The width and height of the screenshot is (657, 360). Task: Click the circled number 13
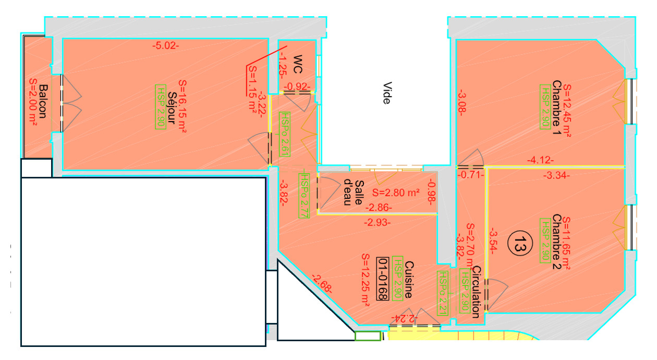click(520, 243)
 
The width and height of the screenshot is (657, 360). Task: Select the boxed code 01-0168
click(383, 279)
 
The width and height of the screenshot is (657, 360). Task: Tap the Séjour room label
click(172, 108)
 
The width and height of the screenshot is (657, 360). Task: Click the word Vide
click(387, 93)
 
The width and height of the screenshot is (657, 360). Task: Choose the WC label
click(298, 64)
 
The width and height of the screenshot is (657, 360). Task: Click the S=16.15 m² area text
click(182, 106)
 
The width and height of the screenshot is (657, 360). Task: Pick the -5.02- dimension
click(166, 46)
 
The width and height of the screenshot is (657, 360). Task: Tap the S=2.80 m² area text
click(396, 193)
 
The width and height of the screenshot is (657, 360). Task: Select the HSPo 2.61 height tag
click(285, 134)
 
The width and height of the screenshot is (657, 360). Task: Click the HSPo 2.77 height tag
click(304, 196)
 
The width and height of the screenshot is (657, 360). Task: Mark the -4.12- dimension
click(540, 160)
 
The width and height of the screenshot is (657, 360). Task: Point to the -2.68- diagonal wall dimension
click(322, 284)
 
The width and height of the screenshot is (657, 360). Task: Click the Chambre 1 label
click(556, 107)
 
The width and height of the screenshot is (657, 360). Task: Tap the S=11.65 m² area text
click(566, 243)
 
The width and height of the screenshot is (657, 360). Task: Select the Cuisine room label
click(409, 280)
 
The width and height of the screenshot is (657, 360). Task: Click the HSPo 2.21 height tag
click(443, 293)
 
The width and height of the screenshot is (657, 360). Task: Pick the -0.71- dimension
click(471, 175)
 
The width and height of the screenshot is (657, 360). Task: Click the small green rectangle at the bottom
click(368, 335)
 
